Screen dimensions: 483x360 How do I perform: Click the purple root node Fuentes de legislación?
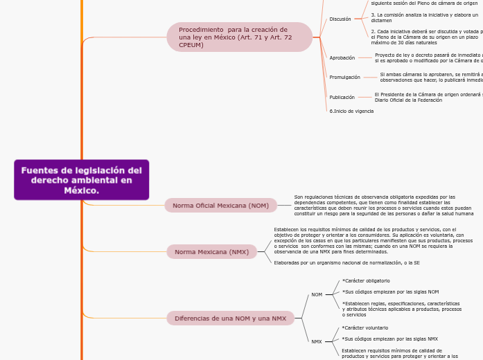(81, 180)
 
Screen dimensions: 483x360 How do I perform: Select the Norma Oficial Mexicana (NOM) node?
(220, 206)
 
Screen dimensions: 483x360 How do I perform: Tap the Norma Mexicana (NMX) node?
(211, 252)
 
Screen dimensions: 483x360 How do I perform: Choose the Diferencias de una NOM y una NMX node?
(230, 318)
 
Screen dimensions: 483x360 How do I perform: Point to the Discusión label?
(340, 19)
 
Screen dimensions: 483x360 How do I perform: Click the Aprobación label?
(342, 58)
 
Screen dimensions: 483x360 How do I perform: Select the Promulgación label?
(344, 78)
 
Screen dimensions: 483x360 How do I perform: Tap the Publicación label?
(342, 98)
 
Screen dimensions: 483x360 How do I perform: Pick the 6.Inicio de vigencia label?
(351, 111)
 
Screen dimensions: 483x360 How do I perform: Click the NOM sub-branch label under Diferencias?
(317, 295)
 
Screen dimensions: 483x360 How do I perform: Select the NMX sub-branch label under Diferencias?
(317, 341)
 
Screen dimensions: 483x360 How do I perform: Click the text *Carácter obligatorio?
(366, 280)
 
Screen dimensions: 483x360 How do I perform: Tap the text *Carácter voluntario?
(365, 327)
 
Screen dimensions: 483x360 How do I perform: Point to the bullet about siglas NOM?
(390, 291)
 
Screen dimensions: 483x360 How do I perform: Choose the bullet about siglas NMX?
(389, 339)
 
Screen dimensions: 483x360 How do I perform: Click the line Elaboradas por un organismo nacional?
(346, 263)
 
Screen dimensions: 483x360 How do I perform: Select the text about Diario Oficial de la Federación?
(408, 100)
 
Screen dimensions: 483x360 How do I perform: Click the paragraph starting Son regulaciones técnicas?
(383, 206)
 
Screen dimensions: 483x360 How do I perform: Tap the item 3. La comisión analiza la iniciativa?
(424, 17)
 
